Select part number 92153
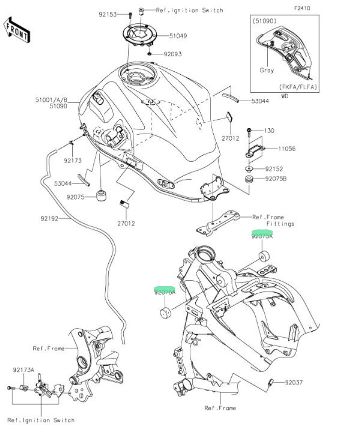pyautogui.click(x=108, y=15)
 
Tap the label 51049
pyautogui.click(x=178, y=36)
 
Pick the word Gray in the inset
pyautogui.click(x=267, y=70)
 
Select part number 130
pyautogui.click(x=269, y=131)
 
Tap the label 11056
pyautogui.click(x=287, y=149)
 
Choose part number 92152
pyautogui.click(x=274, y=169)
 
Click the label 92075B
pyautogui.click(x=276, y=178)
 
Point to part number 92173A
pyautogui.click(x=23, y=370)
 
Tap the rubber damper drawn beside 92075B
pyautogui.click(x=248, y=179)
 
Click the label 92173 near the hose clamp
pyautogui.click(x=72, y=161)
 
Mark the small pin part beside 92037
pyautogui.click(x=271, y=383)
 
